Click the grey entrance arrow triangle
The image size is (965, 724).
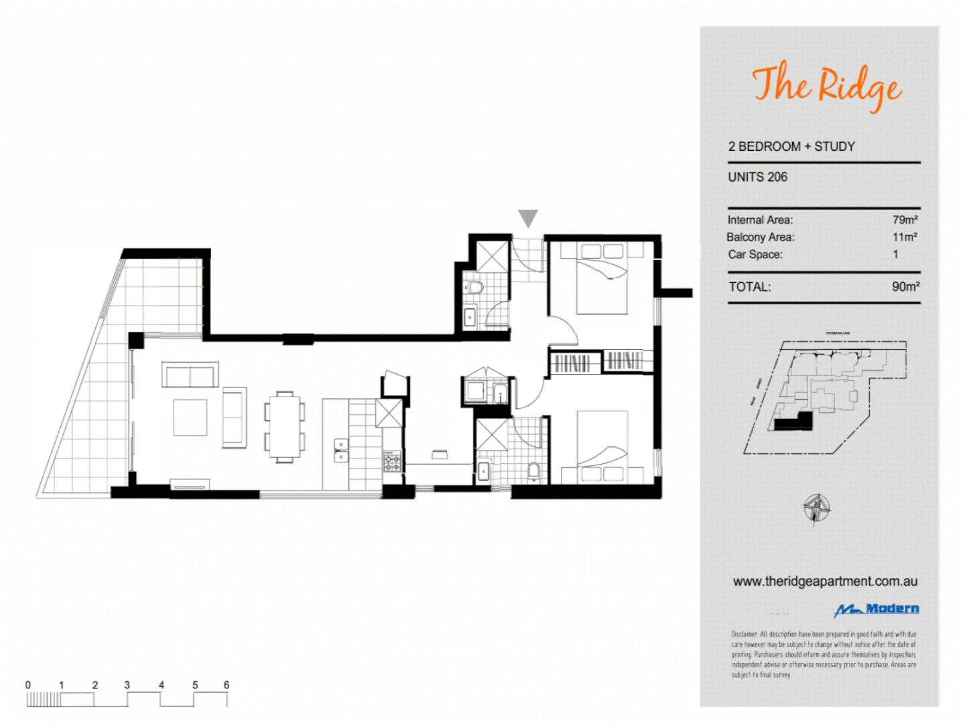coord(528,218)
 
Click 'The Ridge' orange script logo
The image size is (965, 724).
coord(826,86)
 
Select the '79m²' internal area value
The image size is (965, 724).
coord(904,220)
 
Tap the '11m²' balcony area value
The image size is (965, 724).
coord(904,237)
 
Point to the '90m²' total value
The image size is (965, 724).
coord(905,287)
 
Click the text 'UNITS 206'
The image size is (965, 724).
coord(757,178)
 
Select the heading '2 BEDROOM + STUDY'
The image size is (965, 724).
coord(791,147)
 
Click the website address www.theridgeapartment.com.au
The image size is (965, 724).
coord(825,582)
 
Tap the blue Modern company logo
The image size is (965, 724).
coord(877,609)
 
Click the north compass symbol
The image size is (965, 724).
coord(816,507)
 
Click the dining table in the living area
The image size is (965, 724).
coord(285,427)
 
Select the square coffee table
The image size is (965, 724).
coord(190,418)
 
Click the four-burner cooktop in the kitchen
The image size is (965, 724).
coord(392,461)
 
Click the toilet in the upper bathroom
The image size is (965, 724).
coord(475,288)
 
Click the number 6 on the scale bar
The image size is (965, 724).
coord(227,685)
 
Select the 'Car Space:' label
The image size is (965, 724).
coord(755,255)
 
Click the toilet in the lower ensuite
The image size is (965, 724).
coord(533,469)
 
